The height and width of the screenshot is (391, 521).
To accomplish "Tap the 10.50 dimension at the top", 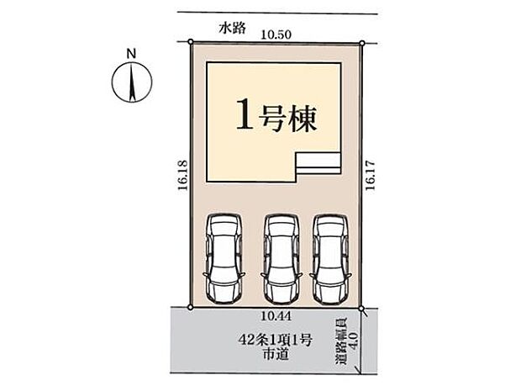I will [275, 34].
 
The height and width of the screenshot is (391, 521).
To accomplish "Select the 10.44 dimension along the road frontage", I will [275, 315].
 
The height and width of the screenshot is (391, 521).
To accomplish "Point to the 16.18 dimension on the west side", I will [181, 177].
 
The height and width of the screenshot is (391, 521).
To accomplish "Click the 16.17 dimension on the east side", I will [370, 177].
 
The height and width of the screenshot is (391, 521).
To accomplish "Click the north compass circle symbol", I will [130, 84].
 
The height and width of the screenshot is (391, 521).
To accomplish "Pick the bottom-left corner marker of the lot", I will [190, 308].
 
